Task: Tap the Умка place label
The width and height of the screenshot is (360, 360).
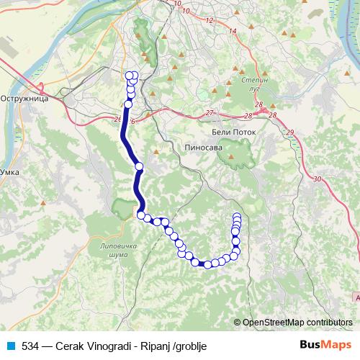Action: point(10,172)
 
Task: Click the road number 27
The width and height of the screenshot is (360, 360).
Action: point(210,113)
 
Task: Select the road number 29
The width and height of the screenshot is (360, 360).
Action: point(290,132)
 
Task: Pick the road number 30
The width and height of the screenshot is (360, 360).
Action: point(318,179)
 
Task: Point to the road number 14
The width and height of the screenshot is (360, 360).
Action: point(232,32)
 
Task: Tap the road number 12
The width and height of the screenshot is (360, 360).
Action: point(210,20)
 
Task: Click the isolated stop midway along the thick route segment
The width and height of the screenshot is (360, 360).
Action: point(139,167)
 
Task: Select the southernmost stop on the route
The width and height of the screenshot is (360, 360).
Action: point(207,265)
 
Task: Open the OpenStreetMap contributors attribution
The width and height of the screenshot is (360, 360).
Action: point(297,323)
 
